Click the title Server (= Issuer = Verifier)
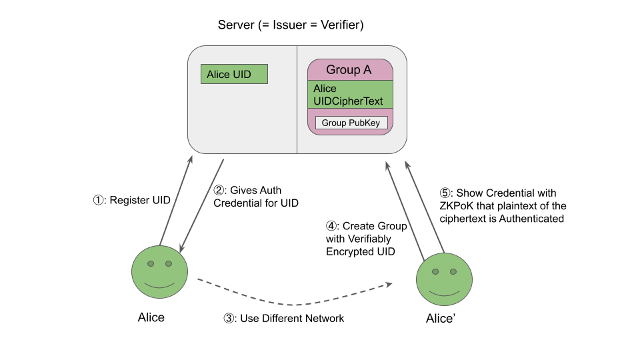[291, 25]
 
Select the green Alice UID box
[234, 74]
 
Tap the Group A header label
[349, 70]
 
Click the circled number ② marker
[219, 190]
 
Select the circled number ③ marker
[228, 319]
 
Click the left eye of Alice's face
[151, 264]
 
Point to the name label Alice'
[441, 319]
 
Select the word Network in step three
[323, 319]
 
